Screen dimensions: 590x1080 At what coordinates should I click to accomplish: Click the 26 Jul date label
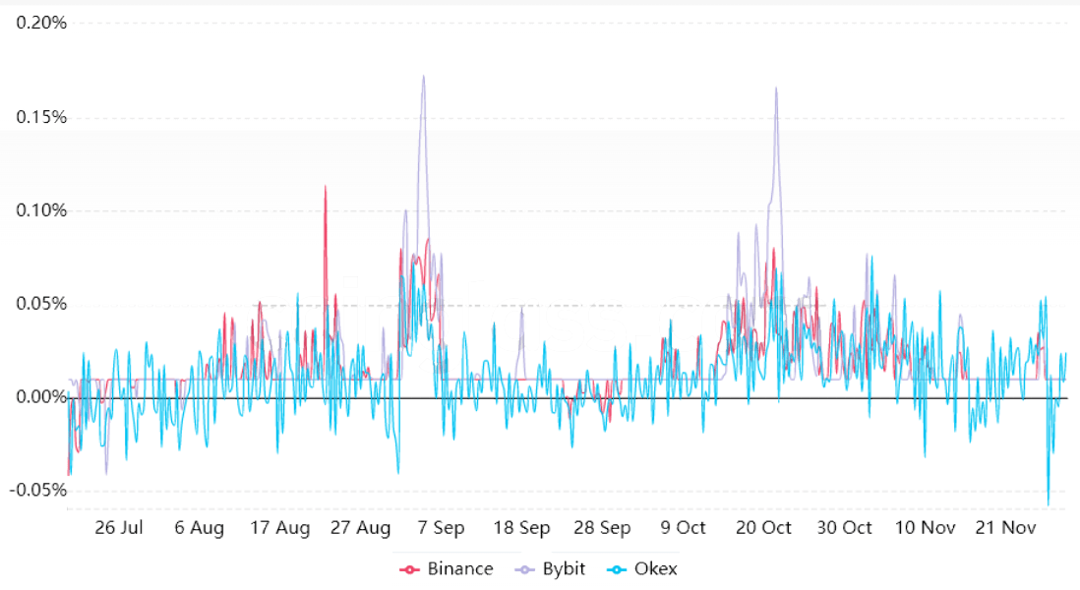pyautogui.click(x=119, y=528)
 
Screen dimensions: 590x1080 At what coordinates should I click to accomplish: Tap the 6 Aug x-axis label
pyautogui.click(x=200, y=528)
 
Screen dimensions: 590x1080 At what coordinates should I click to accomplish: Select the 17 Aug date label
pyautogui.click(x=280, y=528)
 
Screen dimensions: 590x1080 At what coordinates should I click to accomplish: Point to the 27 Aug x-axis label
pyautogui.click(x=361, y=528)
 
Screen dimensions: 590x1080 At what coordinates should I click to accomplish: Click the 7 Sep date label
pyautogui.click(x=442, y=528)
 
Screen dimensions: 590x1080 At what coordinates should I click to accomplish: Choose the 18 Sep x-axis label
pyautogui.click(x=522, y=528)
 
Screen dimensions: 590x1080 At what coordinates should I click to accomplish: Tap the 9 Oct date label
pyautogui.click(x=684, y=528)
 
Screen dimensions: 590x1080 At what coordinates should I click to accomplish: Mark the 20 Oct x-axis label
pyautogui.click(x=764, y=528)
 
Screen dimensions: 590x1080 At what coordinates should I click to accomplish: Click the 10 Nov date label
pyautogui.click(x=926, y=528)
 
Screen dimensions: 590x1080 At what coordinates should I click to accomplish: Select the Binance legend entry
pyautogui.click(x=447, y=568)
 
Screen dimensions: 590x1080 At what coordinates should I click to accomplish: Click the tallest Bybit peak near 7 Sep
pyautogui.click(x=424, y=77)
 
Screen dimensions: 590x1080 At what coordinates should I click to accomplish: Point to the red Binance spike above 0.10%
pyautogui.click(x=325, y=187)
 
